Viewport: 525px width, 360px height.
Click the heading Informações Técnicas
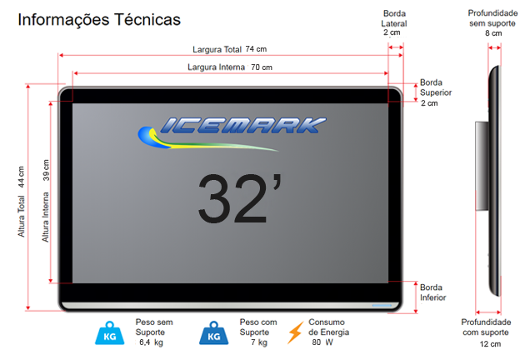pos(99,19)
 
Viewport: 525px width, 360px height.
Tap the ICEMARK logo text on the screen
pos(243,126)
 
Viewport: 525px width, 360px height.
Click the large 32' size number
pos(240,197)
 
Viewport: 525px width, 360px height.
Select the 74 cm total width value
pos(256,49)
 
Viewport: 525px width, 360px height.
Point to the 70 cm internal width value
pos(262,67)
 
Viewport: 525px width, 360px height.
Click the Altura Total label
pos(21,217)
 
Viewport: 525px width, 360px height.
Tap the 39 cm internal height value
pos(46,170)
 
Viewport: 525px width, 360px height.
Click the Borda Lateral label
pos(394,18)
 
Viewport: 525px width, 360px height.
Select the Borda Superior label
pos(436,87)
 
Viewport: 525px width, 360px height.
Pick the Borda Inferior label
pos(433,292)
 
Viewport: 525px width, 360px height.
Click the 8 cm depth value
pos(493,33)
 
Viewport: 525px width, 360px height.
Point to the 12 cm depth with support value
pos(490,344)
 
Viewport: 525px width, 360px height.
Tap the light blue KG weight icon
pos(110,333)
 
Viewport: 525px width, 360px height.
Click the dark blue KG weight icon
pos(214,333)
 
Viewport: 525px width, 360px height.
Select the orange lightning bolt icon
pos(295,332)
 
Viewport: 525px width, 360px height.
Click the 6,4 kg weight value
pos(151,342)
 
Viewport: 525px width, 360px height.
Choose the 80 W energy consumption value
pos(322,342)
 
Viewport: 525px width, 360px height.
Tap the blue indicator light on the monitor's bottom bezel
pos(382,305)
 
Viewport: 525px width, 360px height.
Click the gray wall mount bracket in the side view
pos(482,166)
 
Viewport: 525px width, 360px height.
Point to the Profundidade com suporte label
pos(486,327)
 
